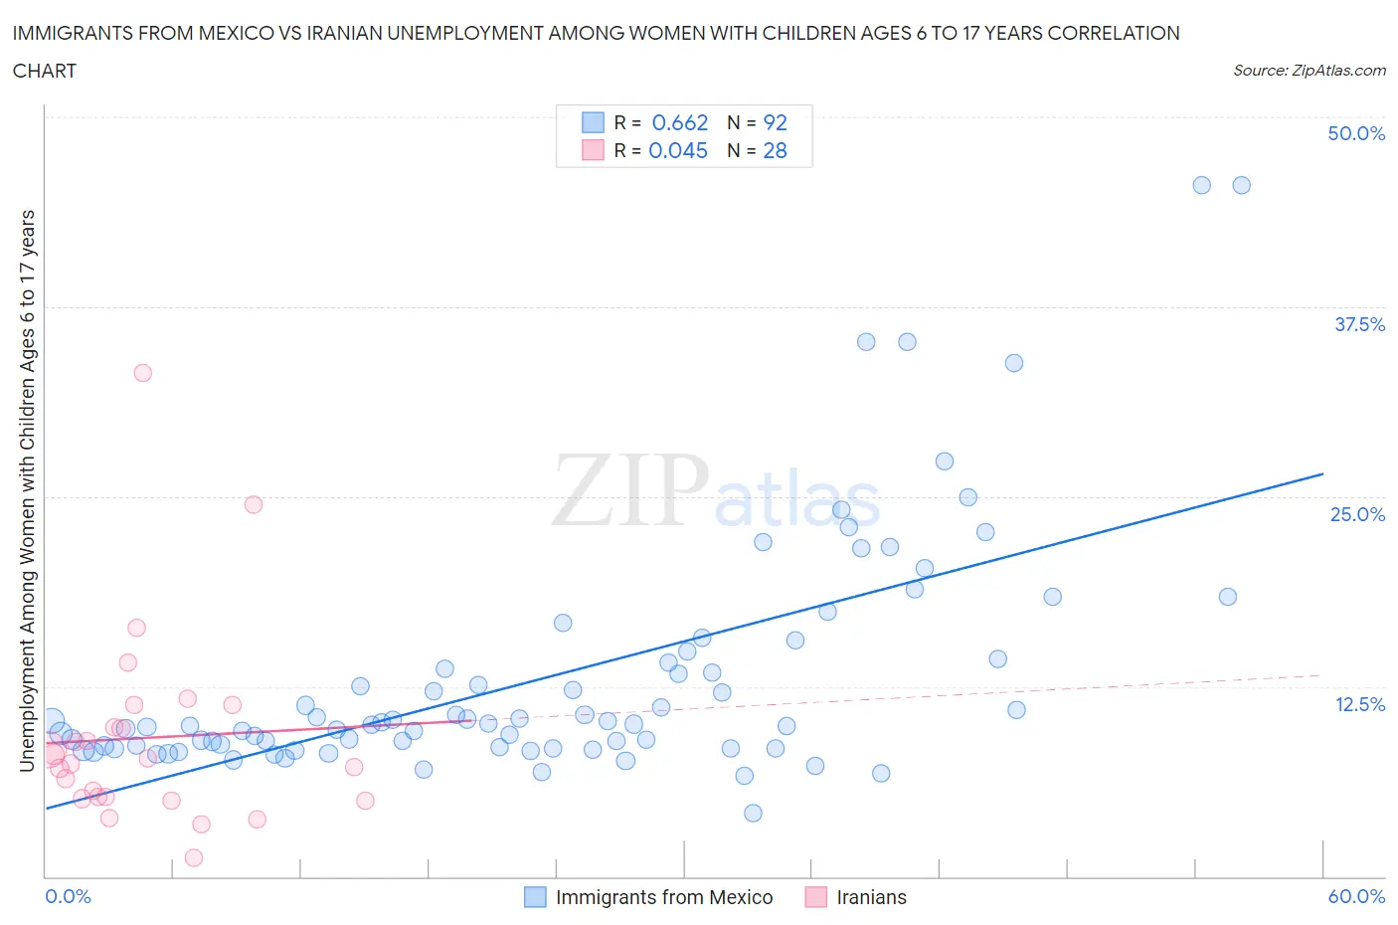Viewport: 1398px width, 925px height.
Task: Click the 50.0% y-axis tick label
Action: pos(1356,133)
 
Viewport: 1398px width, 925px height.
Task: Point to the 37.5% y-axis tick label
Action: pos(1359,324)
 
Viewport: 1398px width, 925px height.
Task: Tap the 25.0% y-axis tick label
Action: pos(1357,514)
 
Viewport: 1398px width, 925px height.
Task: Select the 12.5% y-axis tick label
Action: pos(1359,704)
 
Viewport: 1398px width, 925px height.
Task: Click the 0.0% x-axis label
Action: pos(68,896)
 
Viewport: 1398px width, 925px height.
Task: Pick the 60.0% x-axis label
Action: pos(1356,896)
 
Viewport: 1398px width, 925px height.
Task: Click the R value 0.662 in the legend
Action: pos(680,122)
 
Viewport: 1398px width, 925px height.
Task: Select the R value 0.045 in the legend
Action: pos(678,150)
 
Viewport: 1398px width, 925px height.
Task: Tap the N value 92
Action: pos(775,122)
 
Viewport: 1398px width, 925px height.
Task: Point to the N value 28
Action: pos(775,150)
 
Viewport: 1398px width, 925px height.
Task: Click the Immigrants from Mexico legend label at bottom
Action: pos(664,897)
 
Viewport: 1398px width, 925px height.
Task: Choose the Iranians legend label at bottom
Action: pos(871,897)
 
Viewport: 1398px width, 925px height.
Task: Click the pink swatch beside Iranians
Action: pos(816,897)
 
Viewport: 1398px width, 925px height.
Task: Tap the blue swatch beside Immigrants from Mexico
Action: pos(535,897)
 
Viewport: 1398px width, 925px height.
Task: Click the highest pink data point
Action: pos(142,373)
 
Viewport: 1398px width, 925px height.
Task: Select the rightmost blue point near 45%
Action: pos(1241,185)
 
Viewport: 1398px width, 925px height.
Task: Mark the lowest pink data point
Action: pos(194,857)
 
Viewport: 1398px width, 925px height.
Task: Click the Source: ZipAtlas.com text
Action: pos(1309,70)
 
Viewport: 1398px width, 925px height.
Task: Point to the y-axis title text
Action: pos(27,490)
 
